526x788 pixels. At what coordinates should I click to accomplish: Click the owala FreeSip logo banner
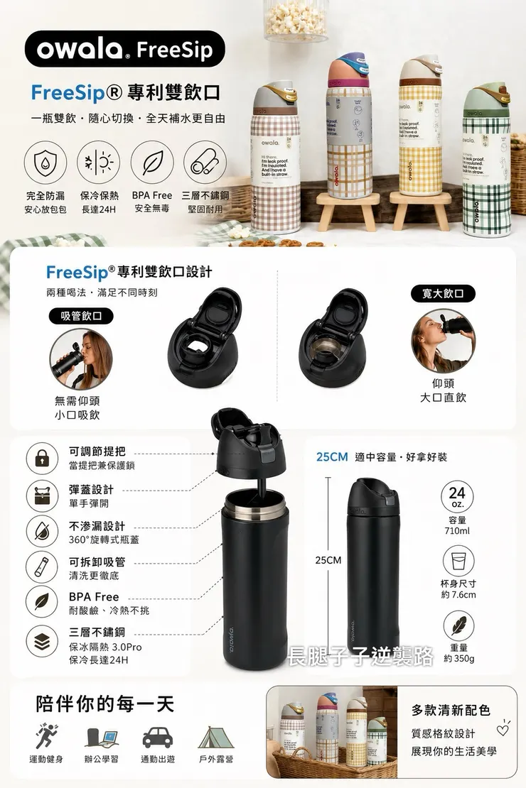coord(124,49)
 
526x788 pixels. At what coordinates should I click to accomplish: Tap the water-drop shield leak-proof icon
coord(45,163)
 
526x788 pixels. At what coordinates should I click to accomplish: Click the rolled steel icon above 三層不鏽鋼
coord(205,163)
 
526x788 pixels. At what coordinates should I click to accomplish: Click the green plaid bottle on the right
coord(485,160)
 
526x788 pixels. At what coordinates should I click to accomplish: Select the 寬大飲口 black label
coord(443,293)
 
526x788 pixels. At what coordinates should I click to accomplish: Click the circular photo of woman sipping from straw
coord(82,359)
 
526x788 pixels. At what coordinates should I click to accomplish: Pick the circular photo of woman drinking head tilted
coord(443,341)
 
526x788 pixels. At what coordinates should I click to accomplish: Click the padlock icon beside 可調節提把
coord(42,458)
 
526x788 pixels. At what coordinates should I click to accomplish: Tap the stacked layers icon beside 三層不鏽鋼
coord(42,642)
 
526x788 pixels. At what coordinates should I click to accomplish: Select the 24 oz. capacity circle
coord(457,496)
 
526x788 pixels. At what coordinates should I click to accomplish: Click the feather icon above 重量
coord(457,625)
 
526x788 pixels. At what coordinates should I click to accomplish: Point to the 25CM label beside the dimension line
coord(328,560)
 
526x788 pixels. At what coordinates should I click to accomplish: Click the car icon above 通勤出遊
coord(157,738)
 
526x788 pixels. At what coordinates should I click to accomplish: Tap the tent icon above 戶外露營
coord(215,738)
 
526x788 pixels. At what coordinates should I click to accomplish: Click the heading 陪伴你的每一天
coord(105,704)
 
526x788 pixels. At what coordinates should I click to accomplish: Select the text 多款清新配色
coord(451,710)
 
